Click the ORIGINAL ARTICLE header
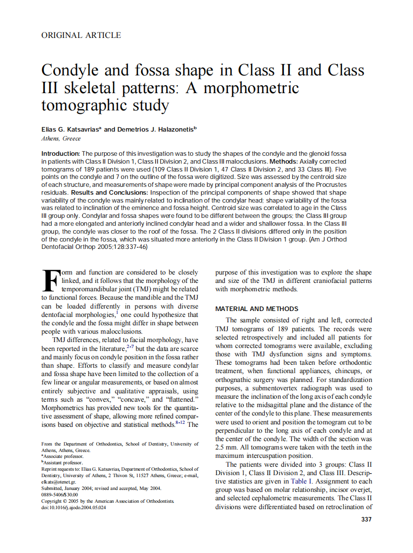click(81, 35)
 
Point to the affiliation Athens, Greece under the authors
click(61, 138)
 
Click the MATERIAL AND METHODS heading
click(257, 309)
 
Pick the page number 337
click(366, 519)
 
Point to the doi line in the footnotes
click(73, 507)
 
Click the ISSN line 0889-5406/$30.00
click(60, 494)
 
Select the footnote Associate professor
click(63, 456)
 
